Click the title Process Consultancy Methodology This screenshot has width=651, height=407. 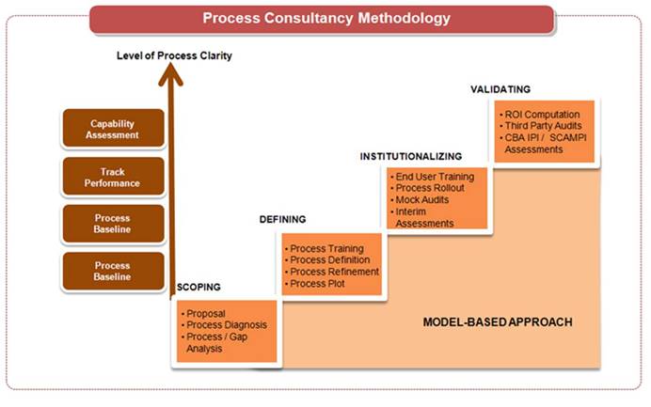point(326,18)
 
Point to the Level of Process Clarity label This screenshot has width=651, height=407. point(174,55)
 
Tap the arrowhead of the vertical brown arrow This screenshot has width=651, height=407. point(170,74)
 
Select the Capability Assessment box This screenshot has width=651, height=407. point(113,129)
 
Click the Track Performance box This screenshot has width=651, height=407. point(113,177)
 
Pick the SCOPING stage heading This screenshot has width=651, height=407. point(198,287)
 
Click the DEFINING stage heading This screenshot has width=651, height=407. point(283,219)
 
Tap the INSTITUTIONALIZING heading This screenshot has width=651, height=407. point(411,156)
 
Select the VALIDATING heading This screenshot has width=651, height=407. point(500,89)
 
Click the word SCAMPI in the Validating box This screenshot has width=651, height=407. point(568,138)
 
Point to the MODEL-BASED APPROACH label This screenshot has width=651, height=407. point(498,322)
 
